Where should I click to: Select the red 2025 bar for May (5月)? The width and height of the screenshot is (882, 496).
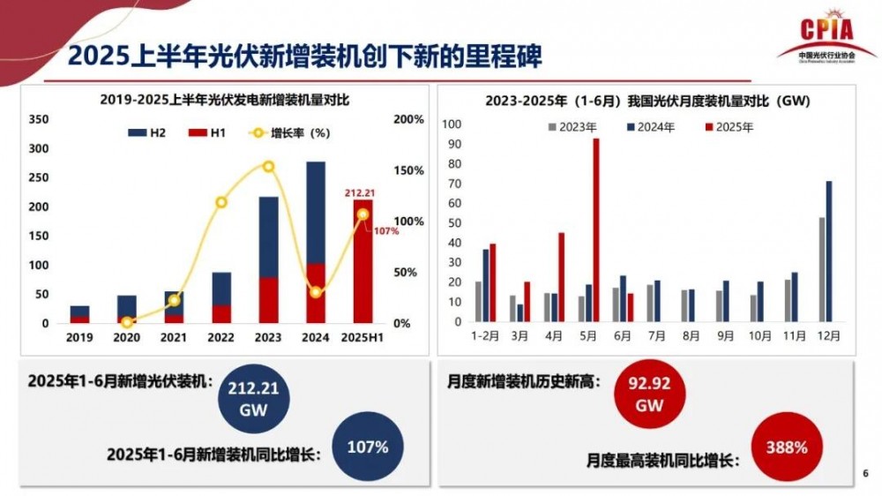point(595,229)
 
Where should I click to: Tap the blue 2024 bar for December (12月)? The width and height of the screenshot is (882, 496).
point(828,251)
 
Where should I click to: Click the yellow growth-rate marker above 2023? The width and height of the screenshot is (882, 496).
point(268,166)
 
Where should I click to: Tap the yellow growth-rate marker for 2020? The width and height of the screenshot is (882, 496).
point(127,323)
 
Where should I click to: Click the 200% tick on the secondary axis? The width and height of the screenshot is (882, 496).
point(407,119)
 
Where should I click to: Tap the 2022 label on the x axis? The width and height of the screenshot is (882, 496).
point(221,338)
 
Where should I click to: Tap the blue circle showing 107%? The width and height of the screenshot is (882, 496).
point(368,447)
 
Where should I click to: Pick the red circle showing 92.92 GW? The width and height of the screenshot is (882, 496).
point(650,395)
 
